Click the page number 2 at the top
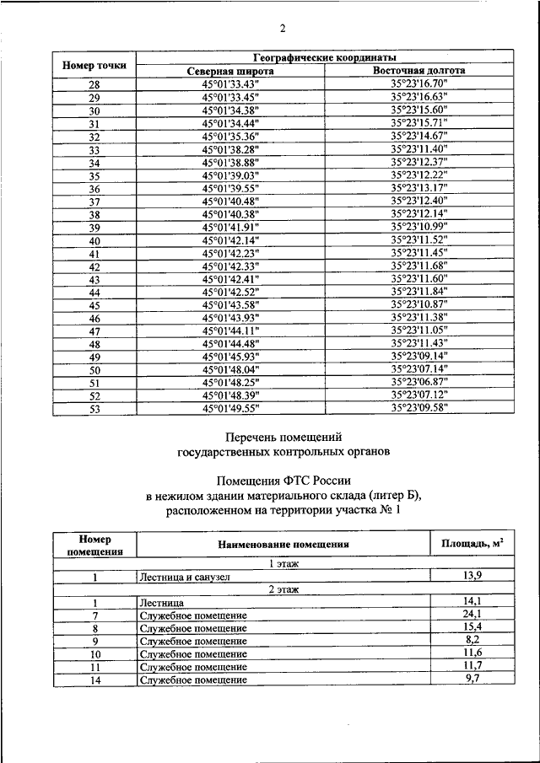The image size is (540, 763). (x=283, y=29)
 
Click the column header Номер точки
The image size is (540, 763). (x=94, y=64)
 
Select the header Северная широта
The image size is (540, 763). (x=230, y=71)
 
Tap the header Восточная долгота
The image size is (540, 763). (x=418, y=71)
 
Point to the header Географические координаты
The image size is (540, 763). (x=325, y=56)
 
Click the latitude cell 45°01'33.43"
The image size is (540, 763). (x=230, y=84)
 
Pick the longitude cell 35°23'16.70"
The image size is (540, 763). (x=418, y=84)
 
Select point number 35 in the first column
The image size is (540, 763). (x=94, y=175)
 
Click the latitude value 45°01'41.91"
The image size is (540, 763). (x=230, y=228)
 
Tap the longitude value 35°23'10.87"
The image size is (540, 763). (x=418, y=304)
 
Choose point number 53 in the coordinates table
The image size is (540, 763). (x=94, y=408)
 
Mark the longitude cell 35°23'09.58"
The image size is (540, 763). (x=418, y=408)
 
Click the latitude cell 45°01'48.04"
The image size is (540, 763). (x=230, y=369)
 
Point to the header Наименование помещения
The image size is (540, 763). (x=283, y=545)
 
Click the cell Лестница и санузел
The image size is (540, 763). (x=182, y=578)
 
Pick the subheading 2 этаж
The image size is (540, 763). (x=283, y=590)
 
